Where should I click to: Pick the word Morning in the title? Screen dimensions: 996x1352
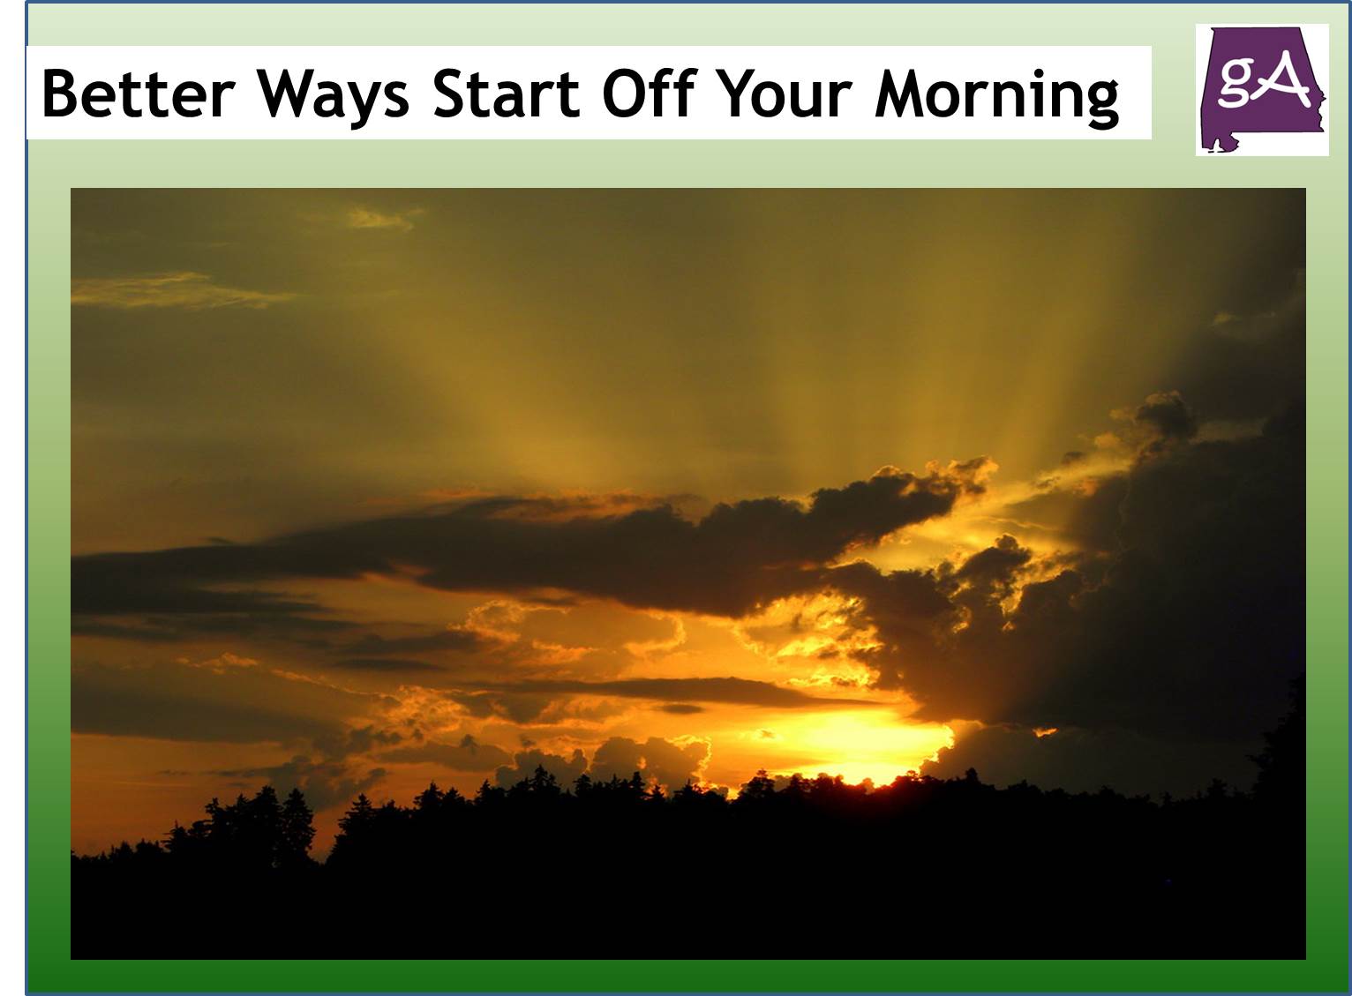pos(996,94)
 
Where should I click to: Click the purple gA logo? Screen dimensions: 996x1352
pos(1261,89)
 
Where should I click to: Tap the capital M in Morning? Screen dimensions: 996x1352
pos(900,93)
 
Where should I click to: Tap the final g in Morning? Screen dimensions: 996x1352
pos(1100,99)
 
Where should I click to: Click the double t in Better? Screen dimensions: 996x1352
pos(140,93)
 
